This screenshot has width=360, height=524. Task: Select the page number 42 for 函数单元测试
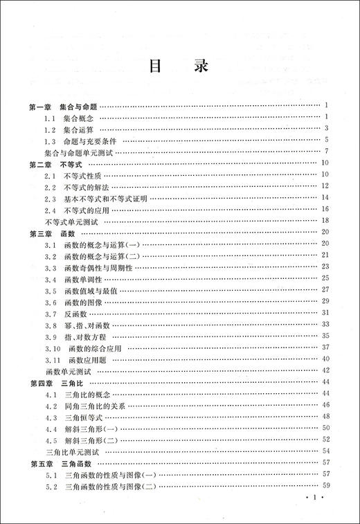click(x=324, y=372)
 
